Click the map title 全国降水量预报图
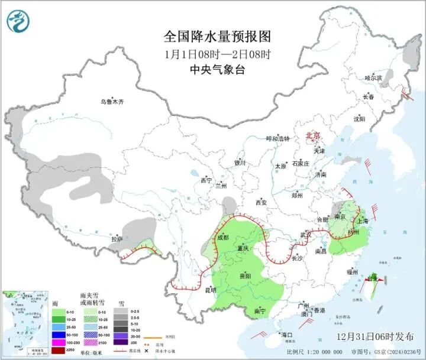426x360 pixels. [x=217, y=37]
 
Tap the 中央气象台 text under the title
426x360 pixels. [x=217, y=70]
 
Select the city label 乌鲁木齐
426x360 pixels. [x=112, y=102]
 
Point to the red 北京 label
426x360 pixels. [x=312, y=135]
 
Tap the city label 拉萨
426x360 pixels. [x=117, y=239]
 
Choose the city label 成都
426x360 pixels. [x=222, y=238]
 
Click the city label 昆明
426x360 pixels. [x=211, y=290]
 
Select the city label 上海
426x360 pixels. [x=363, y=220]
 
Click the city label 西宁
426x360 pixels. [x=206, y=179]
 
